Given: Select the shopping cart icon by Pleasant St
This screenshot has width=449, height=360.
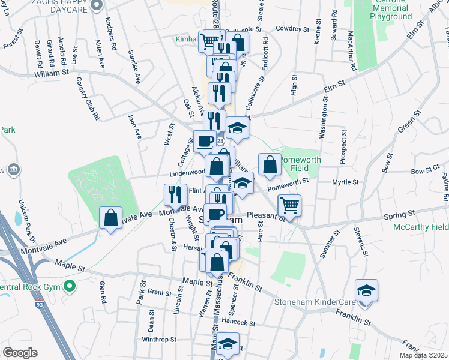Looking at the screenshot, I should (x=290, y=206).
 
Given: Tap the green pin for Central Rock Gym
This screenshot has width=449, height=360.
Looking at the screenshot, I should (x=71, y=287).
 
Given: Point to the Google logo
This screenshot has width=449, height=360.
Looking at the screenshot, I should (x=20, y=353).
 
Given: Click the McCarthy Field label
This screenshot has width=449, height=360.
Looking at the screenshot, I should (x=421, y=227).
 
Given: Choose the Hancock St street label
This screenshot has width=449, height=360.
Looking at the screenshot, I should (x=238, y=323).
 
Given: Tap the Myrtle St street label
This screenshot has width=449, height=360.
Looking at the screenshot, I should (x=346, y=182).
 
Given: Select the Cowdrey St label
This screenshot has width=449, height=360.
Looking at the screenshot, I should (x=292, y=28).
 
